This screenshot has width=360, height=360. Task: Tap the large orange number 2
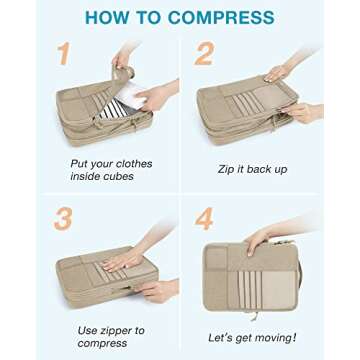click(x=204, y=55)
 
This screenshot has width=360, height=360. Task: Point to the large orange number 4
click(x=204, y=218)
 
